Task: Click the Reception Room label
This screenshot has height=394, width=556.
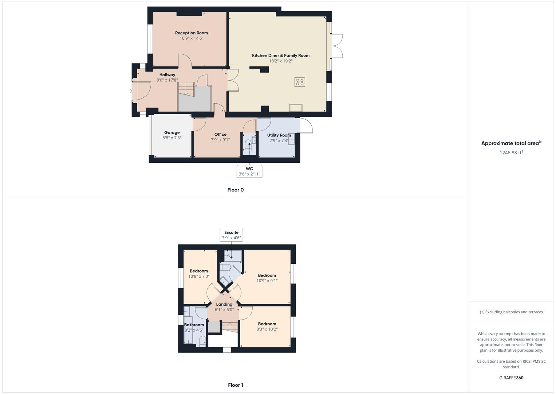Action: pyautogui.click(x=191, y=33)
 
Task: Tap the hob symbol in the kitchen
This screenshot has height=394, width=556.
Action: pyautogui.click(x=300, y=82)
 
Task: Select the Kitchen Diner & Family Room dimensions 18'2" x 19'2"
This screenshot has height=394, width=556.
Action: pyautogui.click(x=280, y=61)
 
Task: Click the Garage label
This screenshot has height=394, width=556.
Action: pyautogui.click(x=172, y=132)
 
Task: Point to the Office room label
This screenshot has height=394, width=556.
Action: pyautogui.click(x=220, y=134)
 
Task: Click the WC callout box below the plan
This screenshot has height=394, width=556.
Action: pyautogui.click(x=249, y=171)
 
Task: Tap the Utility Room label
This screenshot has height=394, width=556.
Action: pyautogui.click(x=279, y=135)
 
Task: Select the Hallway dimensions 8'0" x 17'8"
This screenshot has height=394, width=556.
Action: pyautogui.click(x=167, y=80)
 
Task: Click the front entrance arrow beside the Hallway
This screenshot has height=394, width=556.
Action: pyautogui.click(x=130, y=91)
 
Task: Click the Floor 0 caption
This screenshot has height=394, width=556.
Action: pyautogui.click(x=235, y=190)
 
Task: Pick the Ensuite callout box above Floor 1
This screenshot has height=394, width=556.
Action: pyautogui.click(x=231, y=235)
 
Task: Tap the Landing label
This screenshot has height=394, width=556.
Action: pyautogui.click(x=224, y=304)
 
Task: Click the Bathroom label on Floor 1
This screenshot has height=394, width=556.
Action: pyautogui.click(x=194, y=325)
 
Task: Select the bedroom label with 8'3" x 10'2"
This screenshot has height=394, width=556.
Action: pyautogui.click(x=267, y=324)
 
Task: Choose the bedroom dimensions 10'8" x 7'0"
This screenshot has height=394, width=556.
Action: pyautogui.click(x=199, y=276)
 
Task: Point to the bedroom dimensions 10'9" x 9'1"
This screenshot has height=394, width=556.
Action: pyautogui.click(x=267, y=281)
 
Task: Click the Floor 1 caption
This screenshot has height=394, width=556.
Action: pyautogui.click(x=235, y=385)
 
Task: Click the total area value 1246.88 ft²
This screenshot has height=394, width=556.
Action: pyautogui.click(x=511, y=152)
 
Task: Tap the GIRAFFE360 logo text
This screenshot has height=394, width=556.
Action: pyautogui.click(x=511, y=378)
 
